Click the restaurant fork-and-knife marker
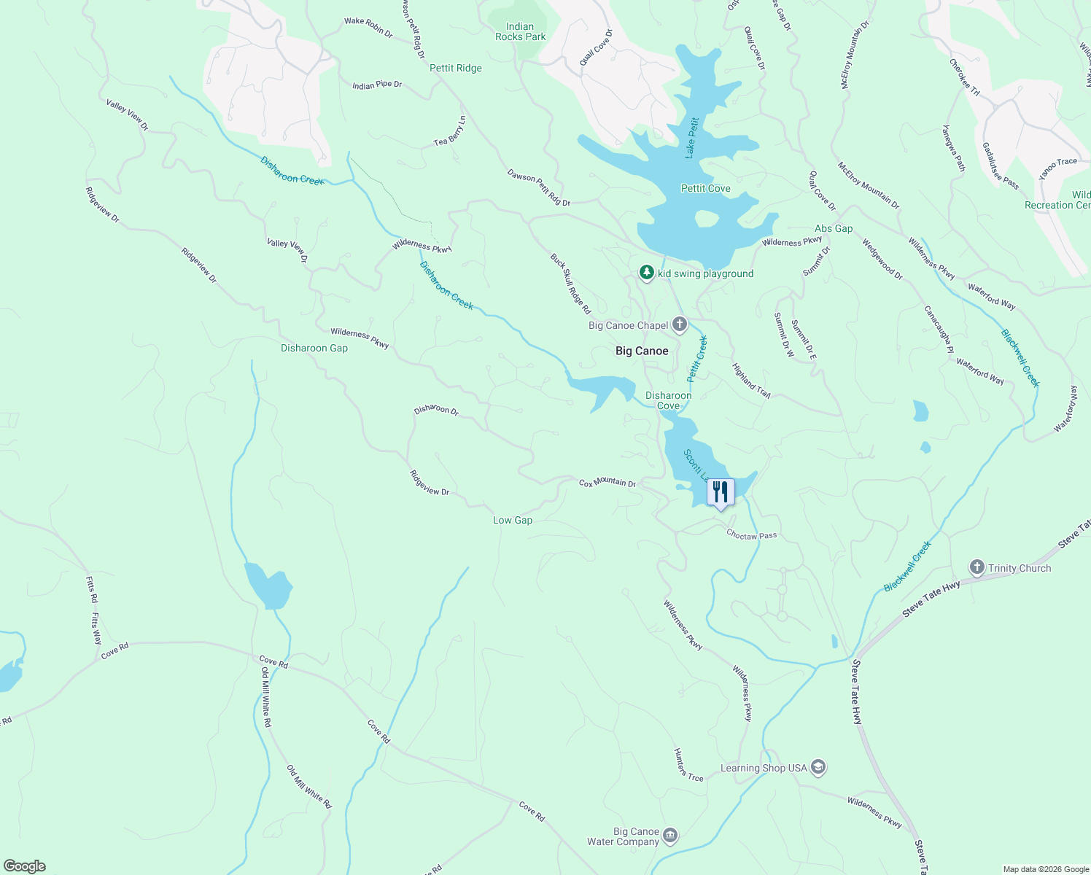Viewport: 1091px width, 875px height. coord(721,492)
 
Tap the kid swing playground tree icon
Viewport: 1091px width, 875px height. coord(646,273)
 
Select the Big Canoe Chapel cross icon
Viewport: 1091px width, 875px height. coord(680,324)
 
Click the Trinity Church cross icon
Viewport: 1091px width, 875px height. coord(977,567)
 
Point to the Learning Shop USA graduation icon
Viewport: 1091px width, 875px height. coord(818,767)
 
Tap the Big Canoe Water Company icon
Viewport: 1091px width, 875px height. coord(670,836)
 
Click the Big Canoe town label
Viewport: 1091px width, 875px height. coord(642,351)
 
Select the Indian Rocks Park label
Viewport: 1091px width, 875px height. coord(520,31)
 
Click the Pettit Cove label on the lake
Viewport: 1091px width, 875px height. coord(705,188)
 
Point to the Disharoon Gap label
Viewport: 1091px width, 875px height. coord(314,348)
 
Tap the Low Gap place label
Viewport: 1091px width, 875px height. coord(513,520)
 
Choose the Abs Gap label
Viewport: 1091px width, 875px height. coord(834,228)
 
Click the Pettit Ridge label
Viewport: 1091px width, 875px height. coord(456,68)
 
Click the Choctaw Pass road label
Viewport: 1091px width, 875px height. coord(751,535)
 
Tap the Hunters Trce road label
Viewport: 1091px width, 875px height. coord(688,765)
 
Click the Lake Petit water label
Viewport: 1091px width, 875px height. coord(692,138)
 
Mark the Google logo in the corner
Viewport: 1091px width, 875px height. coord(24,866)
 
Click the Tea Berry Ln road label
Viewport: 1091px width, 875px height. coord(450,131)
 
